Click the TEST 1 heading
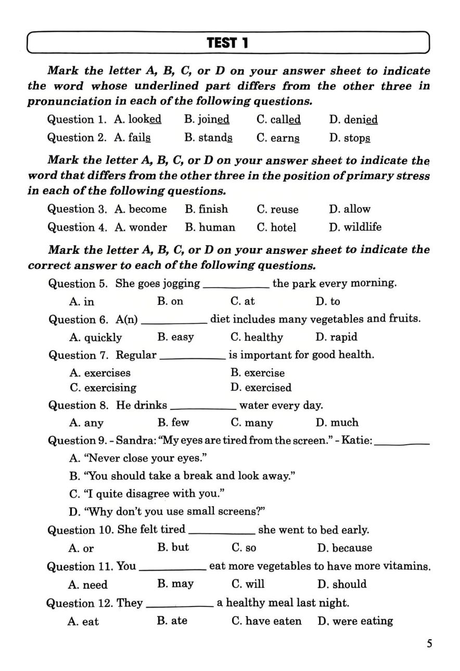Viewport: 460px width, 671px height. coord(227,43)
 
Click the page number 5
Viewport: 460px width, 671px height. coord(429,644)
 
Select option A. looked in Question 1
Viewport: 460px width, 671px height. coord(138,120)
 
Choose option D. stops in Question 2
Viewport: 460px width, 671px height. coord(350,138)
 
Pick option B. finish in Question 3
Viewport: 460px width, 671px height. coord(206,209)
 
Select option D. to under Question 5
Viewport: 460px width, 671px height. coord(328,302)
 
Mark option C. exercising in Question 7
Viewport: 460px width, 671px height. coord(103,388)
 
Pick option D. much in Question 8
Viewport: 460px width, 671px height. coord(337,423)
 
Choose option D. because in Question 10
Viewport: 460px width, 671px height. coord(344,548)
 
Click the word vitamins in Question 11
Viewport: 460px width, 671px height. coord(408,566)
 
